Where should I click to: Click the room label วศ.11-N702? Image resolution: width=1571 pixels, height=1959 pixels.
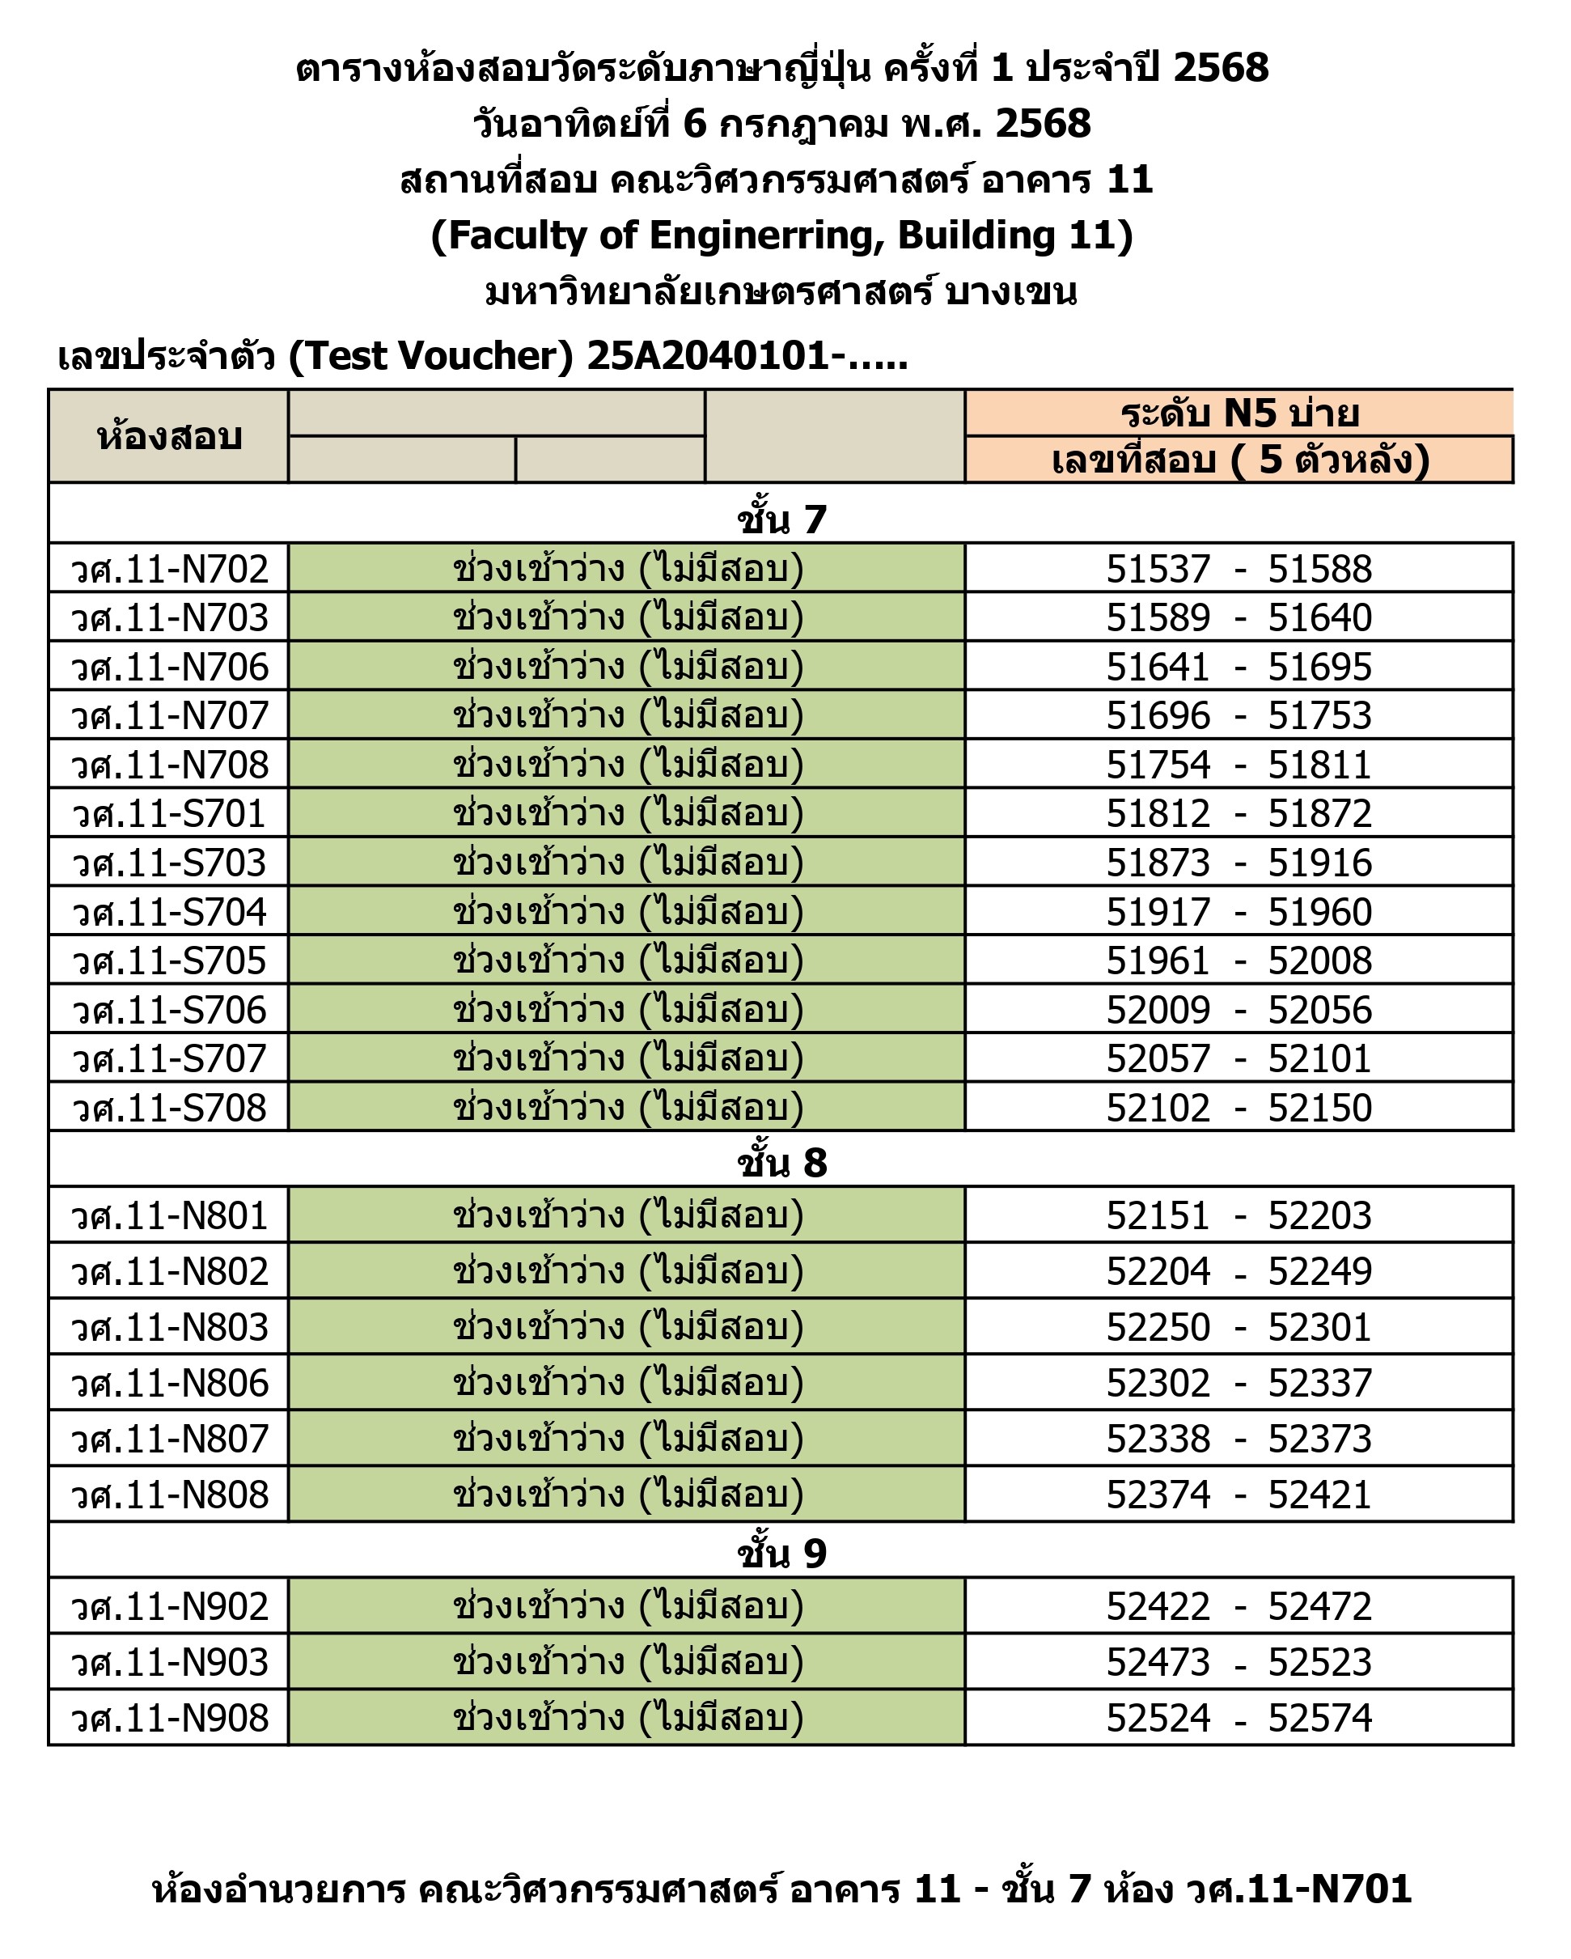pyautogui.click(x=170, y=570)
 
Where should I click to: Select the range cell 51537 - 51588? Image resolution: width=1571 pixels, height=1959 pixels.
pyautogui.click(x=1239, y=570)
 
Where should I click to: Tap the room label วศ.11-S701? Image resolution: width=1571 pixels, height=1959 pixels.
pyautogui.click(x=170, y=813)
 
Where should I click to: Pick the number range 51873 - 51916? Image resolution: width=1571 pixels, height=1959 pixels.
pyautogui.click(x=1239, y=863)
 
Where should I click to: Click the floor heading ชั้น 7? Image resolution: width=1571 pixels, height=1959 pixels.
pyautogui.click(x=781, y=519)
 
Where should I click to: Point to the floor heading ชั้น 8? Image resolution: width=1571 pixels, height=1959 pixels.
pyautogui.click(x=781, y=1162)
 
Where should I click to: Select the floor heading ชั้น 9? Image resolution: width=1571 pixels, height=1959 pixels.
pyautogui.click(x=781, y=1553)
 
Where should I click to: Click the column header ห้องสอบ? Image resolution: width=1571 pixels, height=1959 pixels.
pyautogui.click(x=169, y=437)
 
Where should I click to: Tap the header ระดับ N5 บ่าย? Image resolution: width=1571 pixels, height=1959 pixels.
pyautogui.click(x=1239, y=413)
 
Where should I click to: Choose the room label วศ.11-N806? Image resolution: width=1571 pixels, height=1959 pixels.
pyautogui.click(x=170, y=1383)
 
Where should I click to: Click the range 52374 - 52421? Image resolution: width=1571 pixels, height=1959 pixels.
pyautogui.click(x=1239, y=1495)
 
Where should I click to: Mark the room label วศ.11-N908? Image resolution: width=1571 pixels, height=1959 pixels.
pyautogui.click(x=170, y=1718)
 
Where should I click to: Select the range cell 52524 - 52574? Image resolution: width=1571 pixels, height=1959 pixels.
pyautogui.click(x=1239, y=1718)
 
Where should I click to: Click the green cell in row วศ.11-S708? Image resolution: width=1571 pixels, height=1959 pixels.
pyautogui.click(x=627, y=1108)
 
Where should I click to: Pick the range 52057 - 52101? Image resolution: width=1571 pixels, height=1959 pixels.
pyautogui.click(x=1239, y=1058)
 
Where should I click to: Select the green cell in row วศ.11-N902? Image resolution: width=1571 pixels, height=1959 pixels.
pyautogui.click(x=627, y=1606)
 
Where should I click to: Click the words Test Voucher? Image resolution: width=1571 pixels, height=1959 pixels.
pyautogui.click(x=432, y=355)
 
